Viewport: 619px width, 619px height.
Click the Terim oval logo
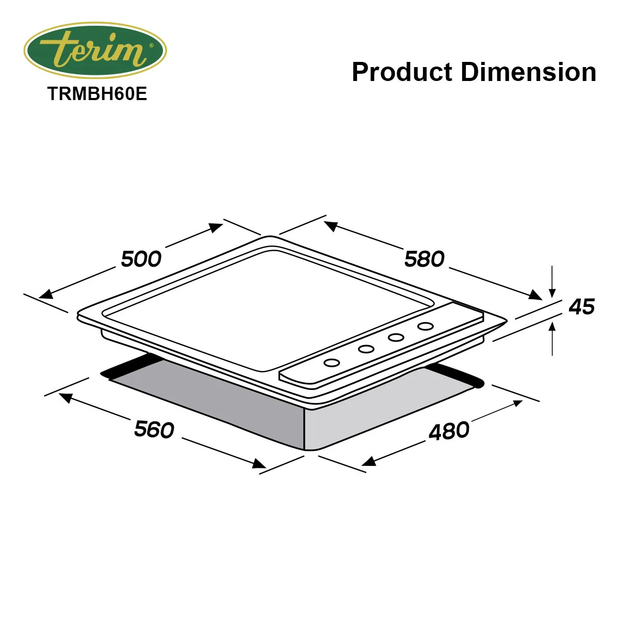(x=95, y=51)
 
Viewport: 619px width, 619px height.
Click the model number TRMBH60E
(x=97, y=94)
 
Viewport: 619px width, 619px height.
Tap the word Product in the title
(x=402, y=72)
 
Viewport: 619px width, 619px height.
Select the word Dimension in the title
(x=528, y=72)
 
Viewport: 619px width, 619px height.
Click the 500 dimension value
(x=141, y=259)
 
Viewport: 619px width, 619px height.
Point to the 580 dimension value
(x=425, y=259)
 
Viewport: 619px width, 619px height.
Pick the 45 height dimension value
(x=582, y=306)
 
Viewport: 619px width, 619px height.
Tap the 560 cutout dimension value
(x=154, y=429)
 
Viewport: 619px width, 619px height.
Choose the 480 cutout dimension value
(x=449, y=431)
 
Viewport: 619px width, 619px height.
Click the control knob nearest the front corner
(x=332, y=363)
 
